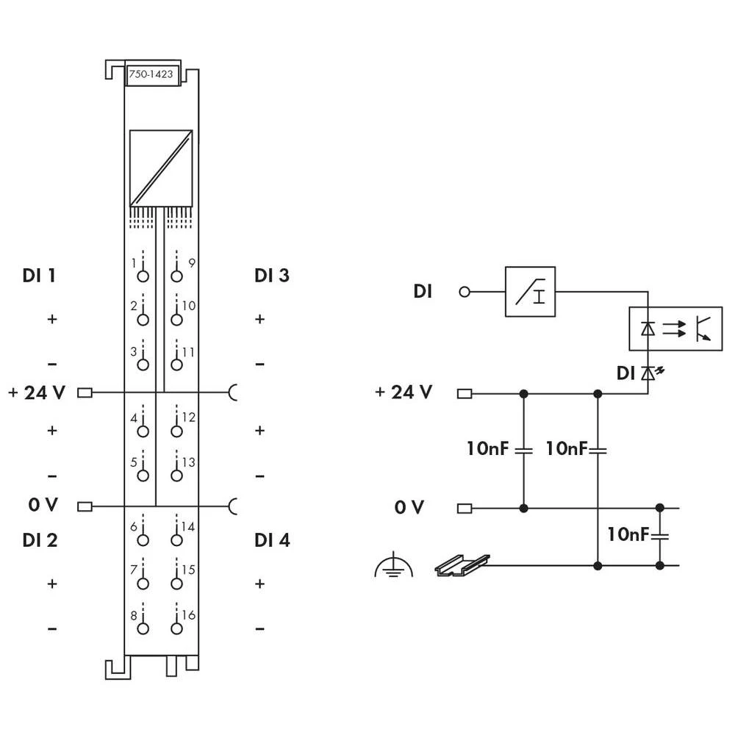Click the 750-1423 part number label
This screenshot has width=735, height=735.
(153, 74)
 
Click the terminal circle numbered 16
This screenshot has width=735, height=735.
(176, 628)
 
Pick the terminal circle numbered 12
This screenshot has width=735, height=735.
(176, 431)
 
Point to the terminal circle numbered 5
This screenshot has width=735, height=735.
(143, 476)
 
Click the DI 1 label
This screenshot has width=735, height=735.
(40, 276)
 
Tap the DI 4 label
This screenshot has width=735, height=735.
(272, 541)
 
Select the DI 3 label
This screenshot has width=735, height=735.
(272, 276)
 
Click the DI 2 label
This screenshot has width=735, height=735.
(40, 541)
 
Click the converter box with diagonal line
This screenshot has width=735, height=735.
(161, 168)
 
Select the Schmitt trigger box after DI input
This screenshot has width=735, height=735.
(530, 292)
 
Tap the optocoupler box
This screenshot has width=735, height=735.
(675, 329)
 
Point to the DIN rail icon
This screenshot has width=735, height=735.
(461, 565)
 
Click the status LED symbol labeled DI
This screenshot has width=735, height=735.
(648, 374)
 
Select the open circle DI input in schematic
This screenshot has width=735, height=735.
(464, 292)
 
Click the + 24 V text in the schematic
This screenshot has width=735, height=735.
(404, 392)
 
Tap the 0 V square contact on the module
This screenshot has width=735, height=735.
(85, 506)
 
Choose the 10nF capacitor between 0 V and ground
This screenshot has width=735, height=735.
(659, 536)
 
